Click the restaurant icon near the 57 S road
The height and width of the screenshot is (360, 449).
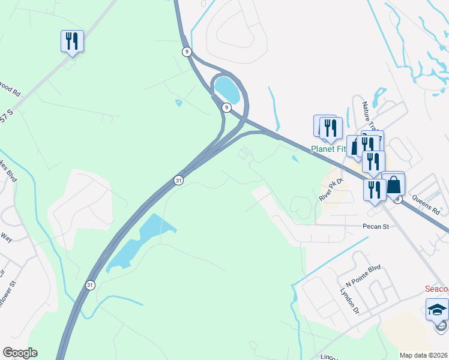[72, 41]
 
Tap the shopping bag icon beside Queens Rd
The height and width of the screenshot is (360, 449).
[394, 184]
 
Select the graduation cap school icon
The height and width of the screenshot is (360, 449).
[437, 310]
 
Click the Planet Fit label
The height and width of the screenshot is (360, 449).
[330, 149]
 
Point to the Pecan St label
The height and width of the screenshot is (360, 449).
[376, 227]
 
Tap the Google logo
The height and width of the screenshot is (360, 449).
[20, 353]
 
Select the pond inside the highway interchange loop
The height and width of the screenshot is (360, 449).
[227, 89]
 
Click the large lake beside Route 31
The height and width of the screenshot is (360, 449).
[141, 240]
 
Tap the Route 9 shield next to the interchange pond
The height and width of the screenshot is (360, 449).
[226, 107]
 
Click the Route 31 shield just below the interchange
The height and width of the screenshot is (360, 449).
[178, 180]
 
